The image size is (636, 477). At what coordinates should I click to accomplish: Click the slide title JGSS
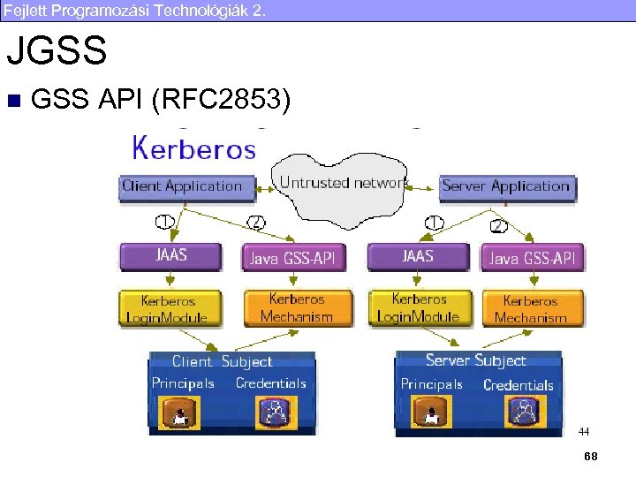[57, 51]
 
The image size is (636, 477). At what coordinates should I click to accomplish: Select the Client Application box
[182, 186]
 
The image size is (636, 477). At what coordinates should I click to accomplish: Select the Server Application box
[505, 186]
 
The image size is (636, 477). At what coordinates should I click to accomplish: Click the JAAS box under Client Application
[171, 256]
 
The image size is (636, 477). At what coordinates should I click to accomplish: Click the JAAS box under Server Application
[418, 256]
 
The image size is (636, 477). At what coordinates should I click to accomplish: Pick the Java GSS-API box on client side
[295, 258]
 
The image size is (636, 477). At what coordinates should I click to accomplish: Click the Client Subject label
[222, 361]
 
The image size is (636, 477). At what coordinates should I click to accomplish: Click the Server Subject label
[475, 360]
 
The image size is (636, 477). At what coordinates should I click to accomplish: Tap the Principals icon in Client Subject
[181, 413]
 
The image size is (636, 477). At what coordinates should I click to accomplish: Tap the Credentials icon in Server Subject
[523, 411]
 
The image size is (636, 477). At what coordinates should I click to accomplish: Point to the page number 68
[590, 455]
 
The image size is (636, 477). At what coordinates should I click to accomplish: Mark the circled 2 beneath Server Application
[499, 225]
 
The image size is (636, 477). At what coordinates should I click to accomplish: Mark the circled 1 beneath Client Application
[164, 221]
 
